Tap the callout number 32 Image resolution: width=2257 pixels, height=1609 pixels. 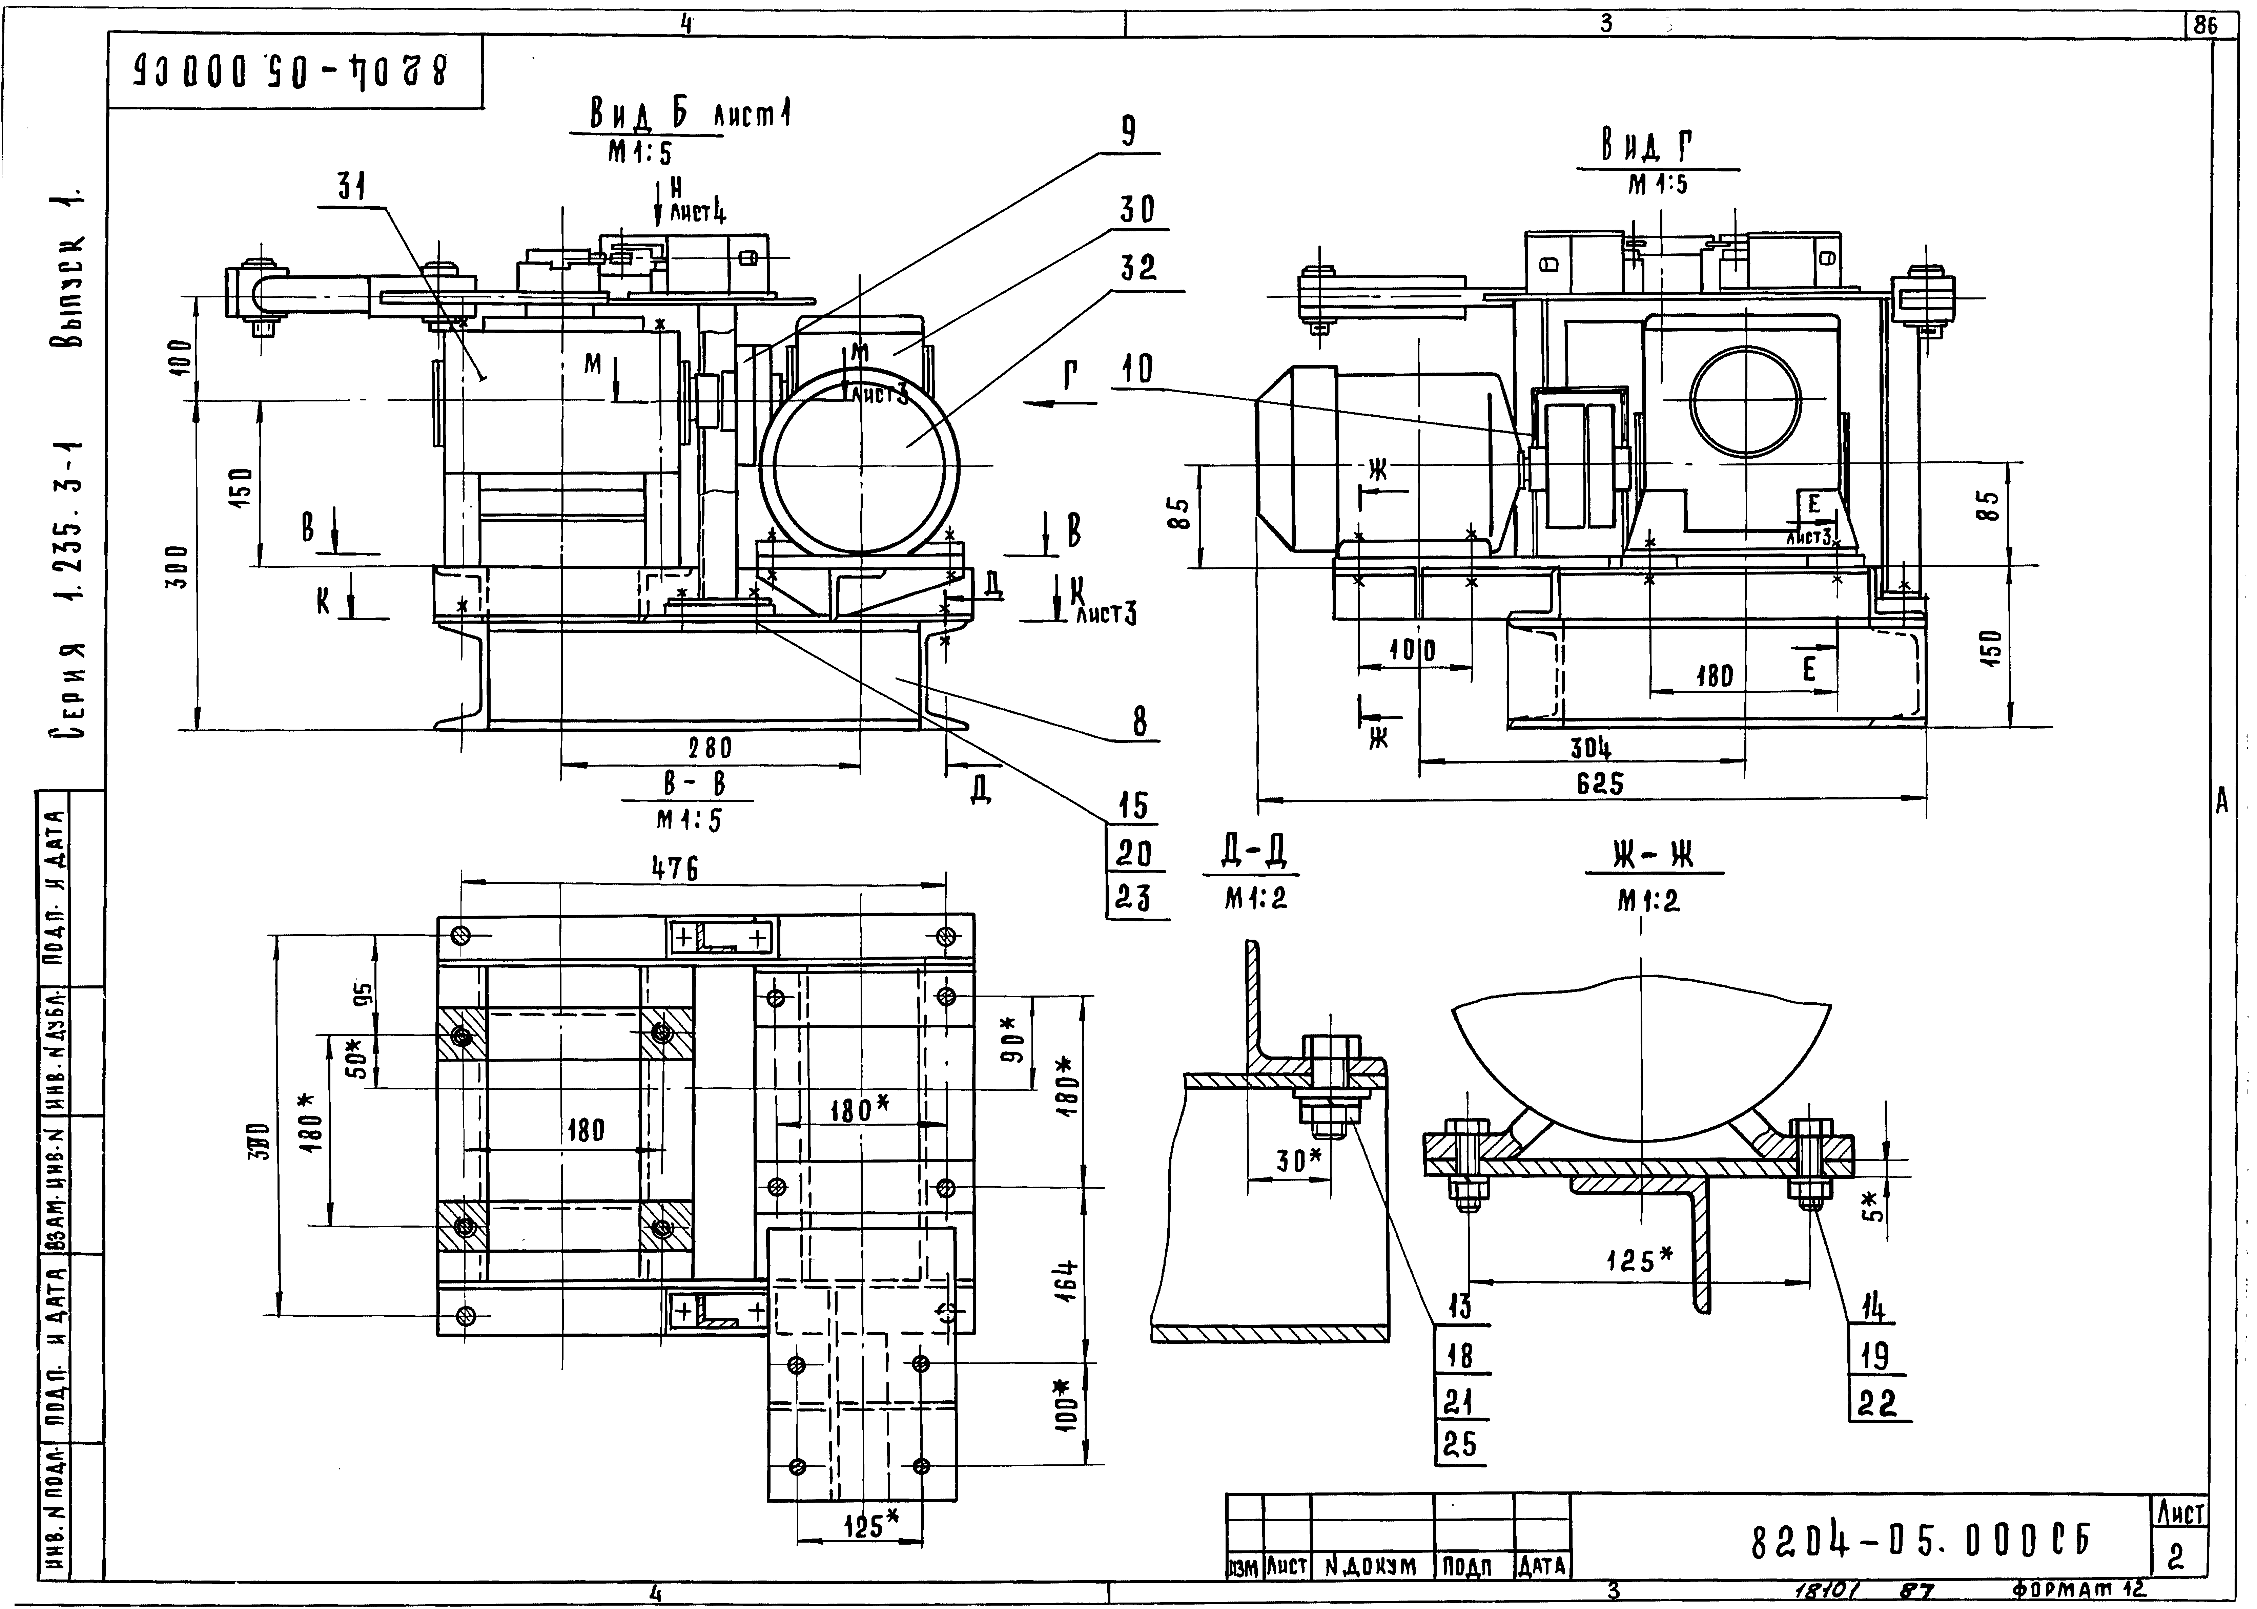pos(1138,268)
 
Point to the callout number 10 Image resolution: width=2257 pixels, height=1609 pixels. pos(1137,370)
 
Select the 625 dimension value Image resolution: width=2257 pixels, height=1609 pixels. pos(1600,784)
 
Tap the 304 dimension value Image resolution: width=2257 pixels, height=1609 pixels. pos(1590,748)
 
